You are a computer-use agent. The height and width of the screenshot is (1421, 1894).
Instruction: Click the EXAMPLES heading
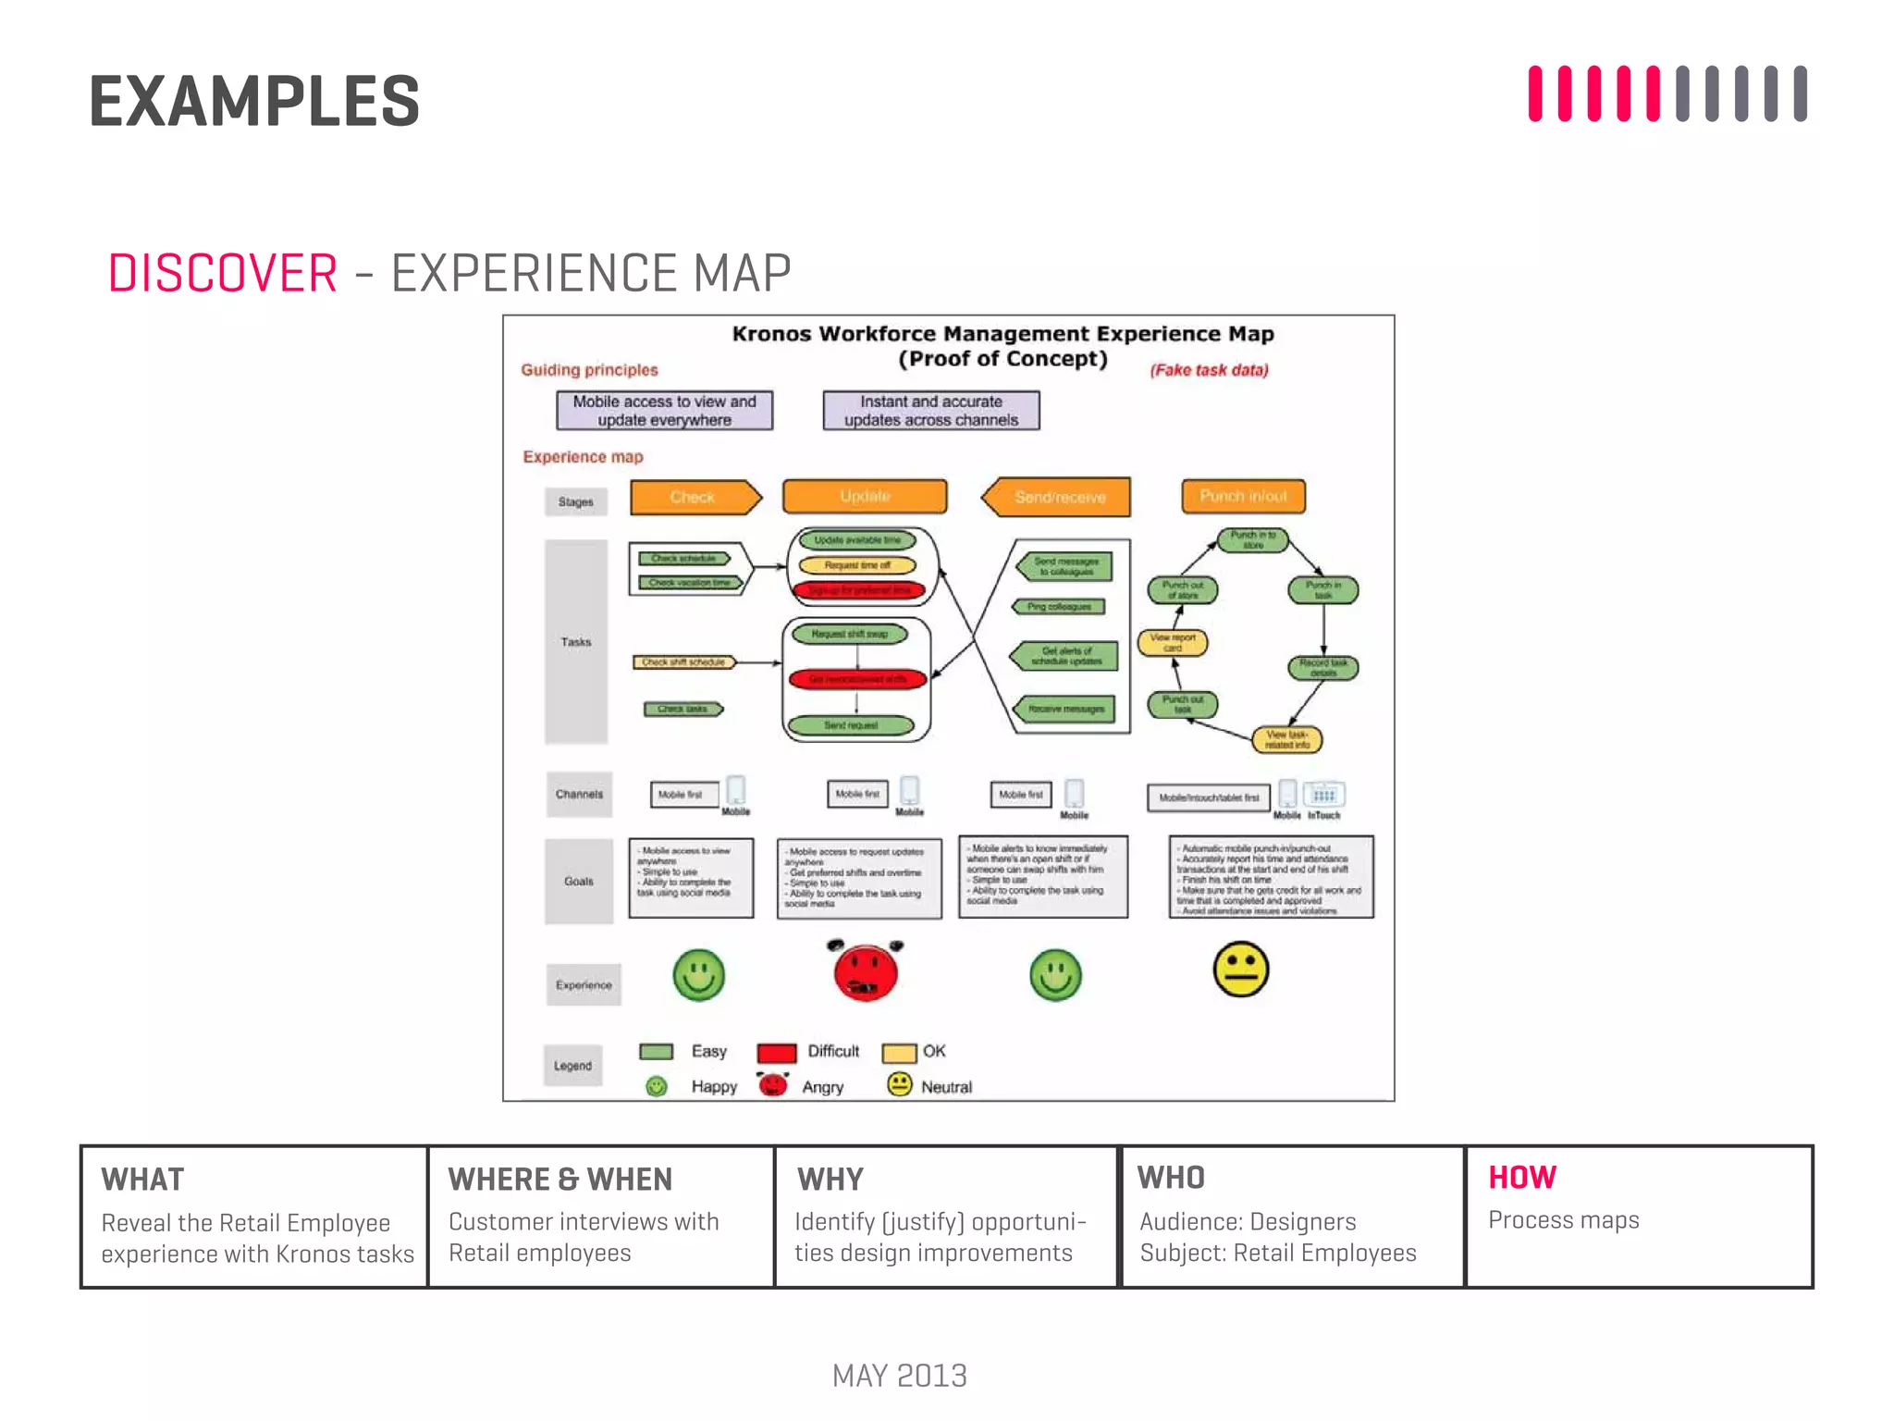[x=254, y=101]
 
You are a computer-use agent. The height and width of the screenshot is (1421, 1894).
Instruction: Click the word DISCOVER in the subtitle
[x=223, y=274]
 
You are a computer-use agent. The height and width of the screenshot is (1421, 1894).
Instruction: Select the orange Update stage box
[x=865, y=496]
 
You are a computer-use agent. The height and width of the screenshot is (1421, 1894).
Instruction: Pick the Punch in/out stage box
[x=1243, y=496]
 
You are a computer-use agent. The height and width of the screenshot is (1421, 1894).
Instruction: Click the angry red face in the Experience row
[x=865, y=972]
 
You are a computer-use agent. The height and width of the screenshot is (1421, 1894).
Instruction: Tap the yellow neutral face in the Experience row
[x=1240, y=970]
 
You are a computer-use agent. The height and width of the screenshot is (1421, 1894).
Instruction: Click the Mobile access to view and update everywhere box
[x=664, y=411]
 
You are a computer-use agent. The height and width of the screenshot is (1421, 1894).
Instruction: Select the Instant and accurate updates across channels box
[x=930, y=411]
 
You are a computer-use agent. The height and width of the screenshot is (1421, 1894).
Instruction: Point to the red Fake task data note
[x=1209, y=370]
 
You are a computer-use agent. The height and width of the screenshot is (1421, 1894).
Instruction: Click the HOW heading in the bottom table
[x=1521, y=1177]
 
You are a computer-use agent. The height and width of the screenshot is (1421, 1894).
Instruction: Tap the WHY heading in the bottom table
[x=830, y=1180]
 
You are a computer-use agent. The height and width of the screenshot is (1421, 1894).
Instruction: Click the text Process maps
[x=1563, y=1220]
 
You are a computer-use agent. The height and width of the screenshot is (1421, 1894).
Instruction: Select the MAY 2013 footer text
[x=899, y=1376]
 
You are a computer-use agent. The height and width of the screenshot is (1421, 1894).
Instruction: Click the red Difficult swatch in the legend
[x=777, y=1053]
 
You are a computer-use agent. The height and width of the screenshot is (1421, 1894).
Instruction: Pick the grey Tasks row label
[x=575, y=641]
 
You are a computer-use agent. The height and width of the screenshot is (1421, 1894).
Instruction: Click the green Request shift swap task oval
[x=849, y=634]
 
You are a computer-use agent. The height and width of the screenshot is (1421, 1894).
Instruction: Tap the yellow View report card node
[x=1172, y=642]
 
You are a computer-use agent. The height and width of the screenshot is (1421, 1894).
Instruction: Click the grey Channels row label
[x=579, y=794]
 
